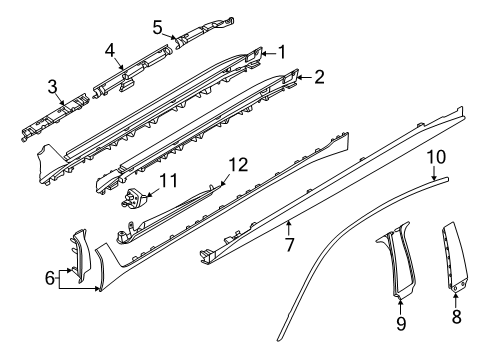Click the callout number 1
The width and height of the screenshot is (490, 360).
282,51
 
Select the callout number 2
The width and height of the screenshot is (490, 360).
318,76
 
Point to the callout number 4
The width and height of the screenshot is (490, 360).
112,48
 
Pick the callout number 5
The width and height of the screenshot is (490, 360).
158,25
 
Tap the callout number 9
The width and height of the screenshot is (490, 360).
400,323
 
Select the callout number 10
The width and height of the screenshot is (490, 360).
436,184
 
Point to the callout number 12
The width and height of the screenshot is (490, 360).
236,164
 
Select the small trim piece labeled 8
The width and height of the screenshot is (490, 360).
456,270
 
